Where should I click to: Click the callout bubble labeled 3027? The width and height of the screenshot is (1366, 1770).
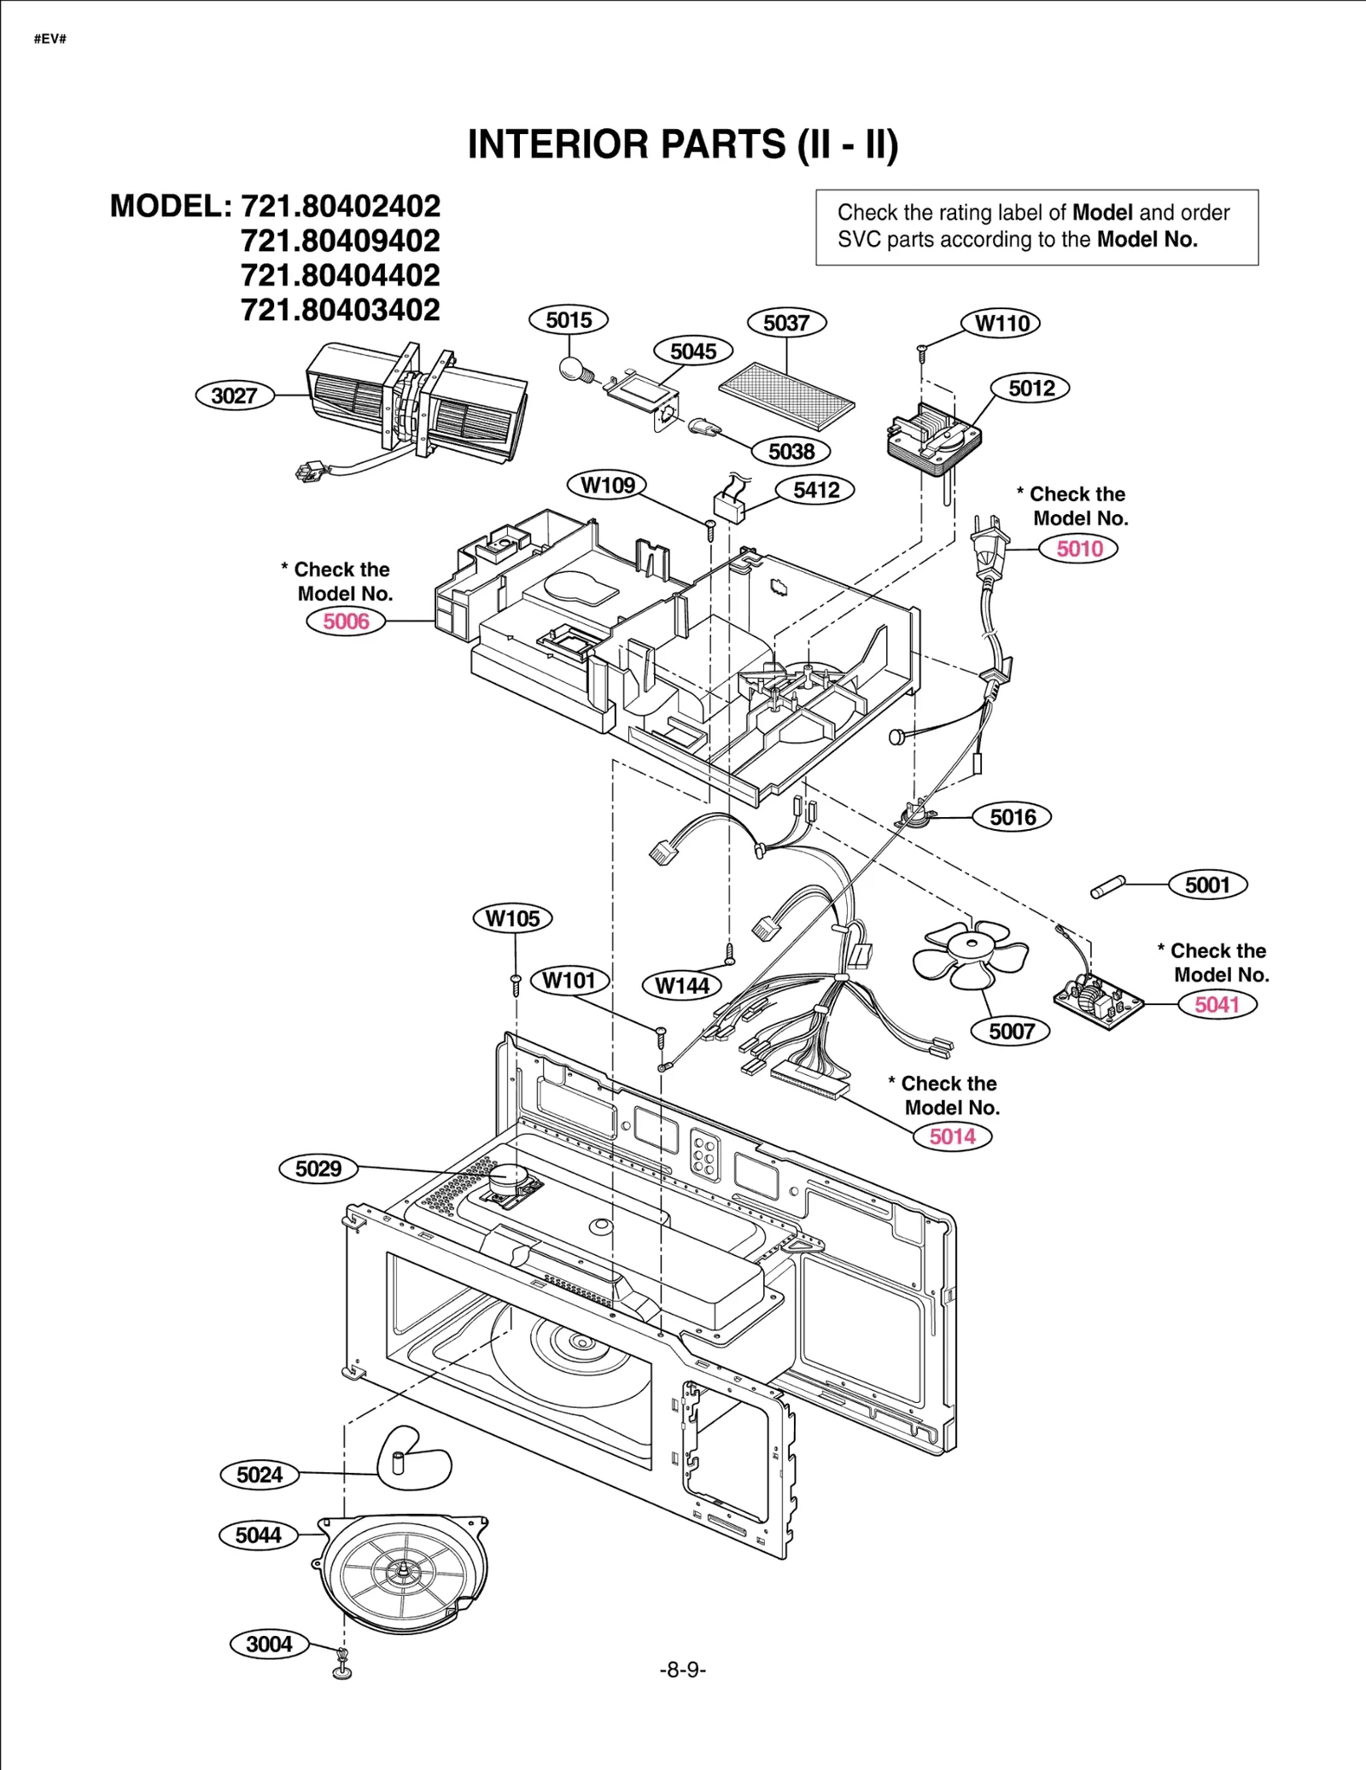[234, 395]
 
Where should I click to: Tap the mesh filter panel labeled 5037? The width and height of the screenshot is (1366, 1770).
[786, 394]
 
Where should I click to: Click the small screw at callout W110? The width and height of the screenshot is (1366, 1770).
[922, 349]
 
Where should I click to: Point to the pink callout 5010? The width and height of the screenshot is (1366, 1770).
[1078, 548]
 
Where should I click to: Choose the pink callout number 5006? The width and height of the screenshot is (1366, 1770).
[345, 621]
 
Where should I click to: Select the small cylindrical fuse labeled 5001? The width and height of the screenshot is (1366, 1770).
[1108, 887]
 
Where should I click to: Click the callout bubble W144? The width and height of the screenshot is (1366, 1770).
[681, 985]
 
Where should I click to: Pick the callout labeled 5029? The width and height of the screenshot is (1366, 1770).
[318, 1168]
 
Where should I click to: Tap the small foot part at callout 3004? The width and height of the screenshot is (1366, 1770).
[342, 1666]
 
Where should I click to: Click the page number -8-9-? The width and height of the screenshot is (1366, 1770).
[682, 1669]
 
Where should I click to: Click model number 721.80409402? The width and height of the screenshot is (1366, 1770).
[340, 241]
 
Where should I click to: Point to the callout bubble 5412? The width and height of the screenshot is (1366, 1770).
[816, 489]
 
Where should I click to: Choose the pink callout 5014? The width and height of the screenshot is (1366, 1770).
[951, 1136]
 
